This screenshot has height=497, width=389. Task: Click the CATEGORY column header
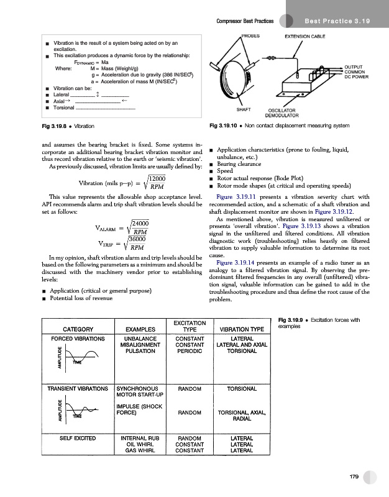[74, 329]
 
